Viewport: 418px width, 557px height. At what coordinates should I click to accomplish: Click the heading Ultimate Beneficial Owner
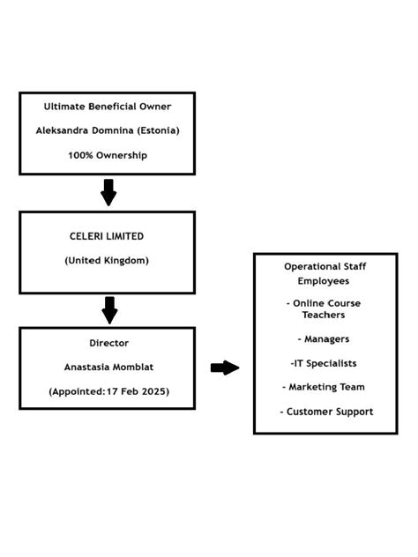coord(107,107)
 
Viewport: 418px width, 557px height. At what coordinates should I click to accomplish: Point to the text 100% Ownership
coord(107,155)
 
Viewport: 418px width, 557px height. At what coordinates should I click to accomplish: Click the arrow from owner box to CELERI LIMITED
coord(108,191)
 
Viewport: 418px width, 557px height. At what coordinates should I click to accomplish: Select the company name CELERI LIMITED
coord(107,236)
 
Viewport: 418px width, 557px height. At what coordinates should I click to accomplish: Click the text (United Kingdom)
coord(107,260)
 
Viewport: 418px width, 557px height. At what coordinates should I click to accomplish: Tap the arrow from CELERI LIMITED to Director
coord(108,309)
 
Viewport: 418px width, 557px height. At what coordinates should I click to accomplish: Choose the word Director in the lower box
coord(107,343)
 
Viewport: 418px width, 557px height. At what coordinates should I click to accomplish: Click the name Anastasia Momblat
coord(107,367)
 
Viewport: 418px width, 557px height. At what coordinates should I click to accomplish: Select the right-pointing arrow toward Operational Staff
coord(225,368)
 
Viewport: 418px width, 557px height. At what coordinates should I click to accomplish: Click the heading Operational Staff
coord(325,266)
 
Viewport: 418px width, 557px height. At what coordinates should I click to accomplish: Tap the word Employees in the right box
coord(324,280)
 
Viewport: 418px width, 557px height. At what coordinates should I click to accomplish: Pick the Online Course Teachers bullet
coord(324,308)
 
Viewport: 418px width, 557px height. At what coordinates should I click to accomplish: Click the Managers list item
coord(324,338)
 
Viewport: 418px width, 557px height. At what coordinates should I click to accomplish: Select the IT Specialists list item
coord(324,363)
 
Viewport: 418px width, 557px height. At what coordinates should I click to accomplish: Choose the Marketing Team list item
coord(324,387)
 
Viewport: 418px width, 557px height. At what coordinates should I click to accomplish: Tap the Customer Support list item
coord(326,412)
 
